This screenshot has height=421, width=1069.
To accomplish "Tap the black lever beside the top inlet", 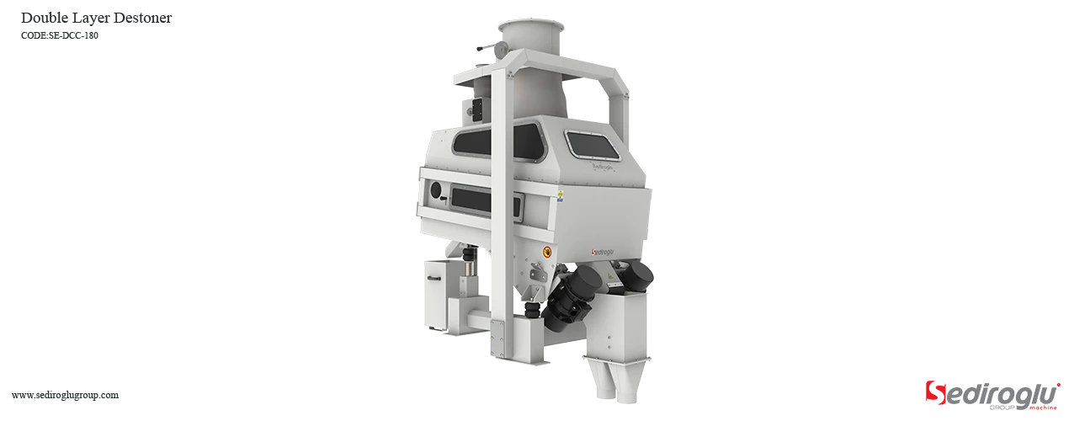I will (x=481, y=48).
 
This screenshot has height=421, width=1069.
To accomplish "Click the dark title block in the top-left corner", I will (x=97, y=23).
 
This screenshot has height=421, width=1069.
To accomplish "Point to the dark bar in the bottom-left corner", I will (x=64, y=397).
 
